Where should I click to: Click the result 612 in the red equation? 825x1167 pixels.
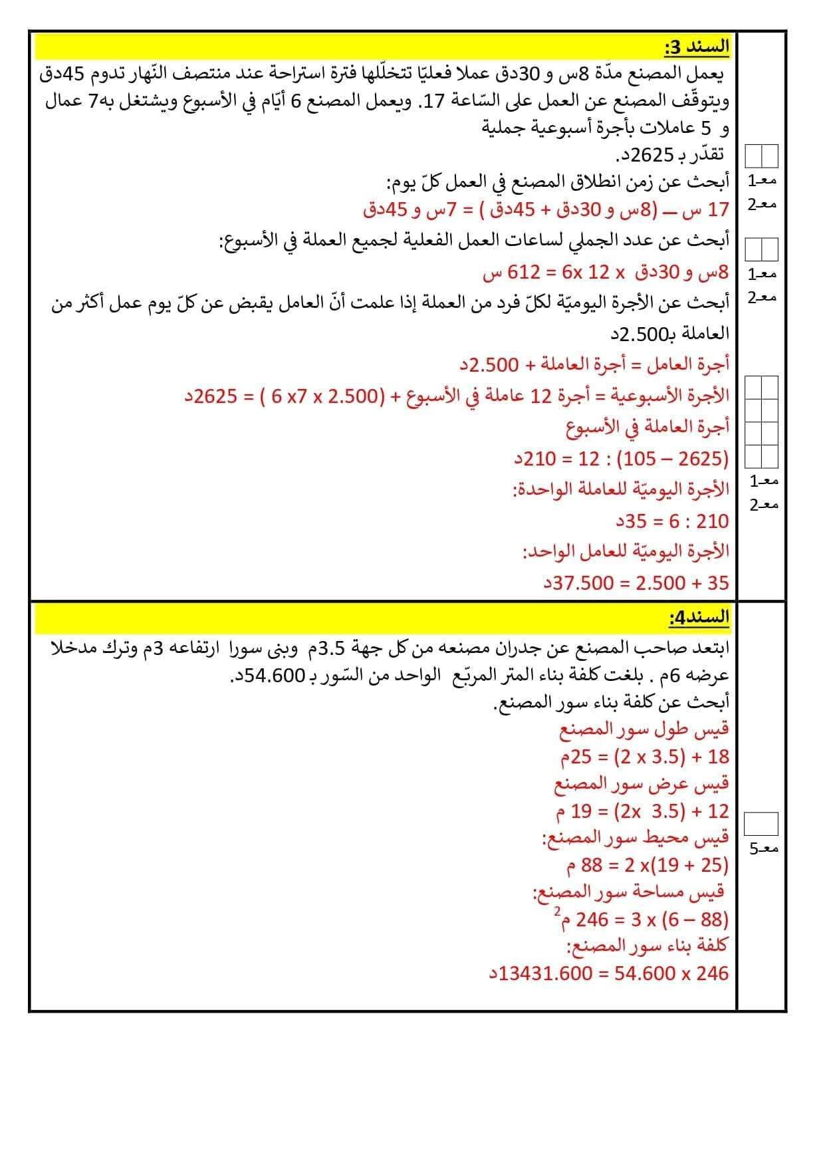(522, 273)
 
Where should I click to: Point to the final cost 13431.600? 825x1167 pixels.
(545, 973)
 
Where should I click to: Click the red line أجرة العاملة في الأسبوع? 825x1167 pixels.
(648, 426)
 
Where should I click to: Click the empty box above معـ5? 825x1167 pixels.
(761, 823)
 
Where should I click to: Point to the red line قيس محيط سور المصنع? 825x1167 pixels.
(636, 837)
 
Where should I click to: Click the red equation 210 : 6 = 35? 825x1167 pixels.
(671, 521)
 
